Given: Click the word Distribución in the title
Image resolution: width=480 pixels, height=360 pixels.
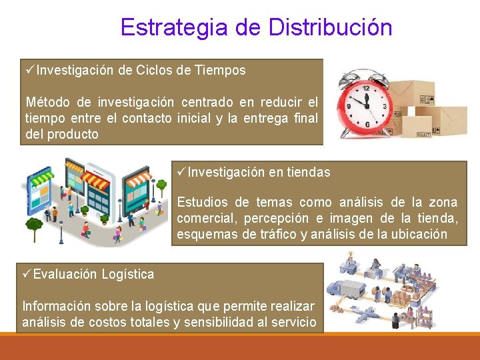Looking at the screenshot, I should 330,27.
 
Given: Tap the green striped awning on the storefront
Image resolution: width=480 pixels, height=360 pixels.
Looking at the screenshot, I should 42,179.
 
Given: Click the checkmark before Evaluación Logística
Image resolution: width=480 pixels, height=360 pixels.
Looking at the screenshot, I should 26,273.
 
